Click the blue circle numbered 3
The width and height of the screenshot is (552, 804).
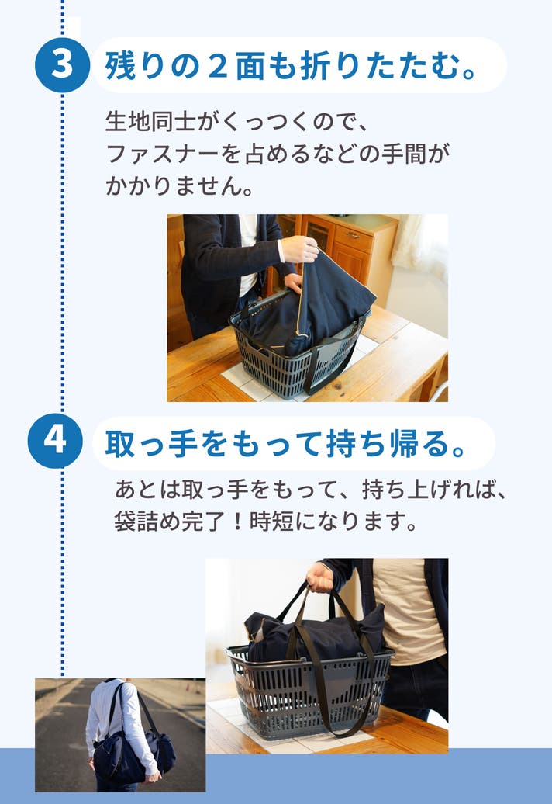point(63,65)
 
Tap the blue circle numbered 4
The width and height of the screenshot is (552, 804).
point(55,441)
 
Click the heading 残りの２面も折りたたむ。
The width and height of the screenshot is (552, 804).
point(291,66)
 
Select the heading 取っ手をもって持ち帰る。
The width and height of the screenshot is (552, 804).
point(285,444)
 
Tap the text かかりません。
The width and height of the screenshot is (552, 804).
point(180,185)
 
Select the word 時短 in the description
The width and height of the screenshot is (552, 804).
point(271,522)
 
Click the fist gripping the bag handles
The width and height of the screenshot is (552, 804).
point(319,577)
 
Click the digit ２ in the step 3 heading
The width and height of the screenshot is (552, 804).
point(217,66)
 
